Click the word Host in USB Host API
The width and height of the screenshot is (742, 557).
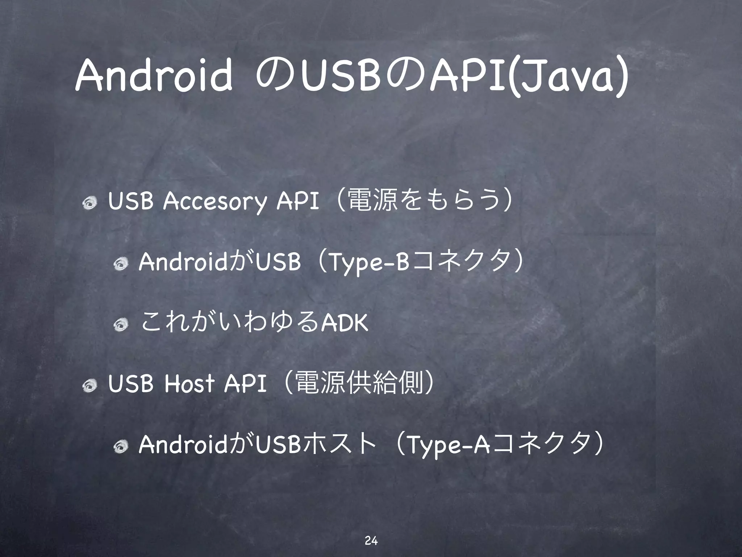point(189,384)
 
